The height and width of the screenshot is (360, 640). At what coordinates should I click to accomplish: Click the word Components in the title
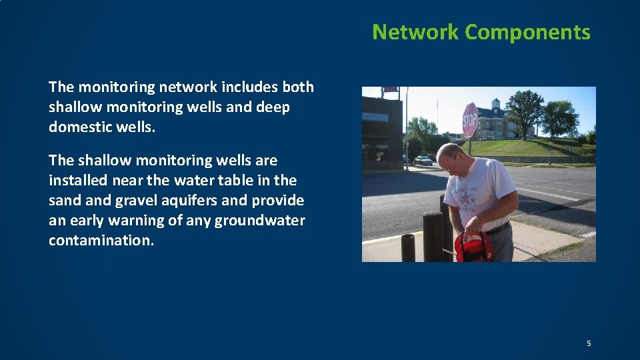[x=527, y=32]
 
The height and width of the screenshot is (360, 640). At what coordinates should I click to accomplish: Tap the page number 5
[x=589, y=343]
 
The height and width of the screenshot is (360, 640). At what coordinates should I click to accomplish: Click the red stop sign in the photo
[x=471, y=121]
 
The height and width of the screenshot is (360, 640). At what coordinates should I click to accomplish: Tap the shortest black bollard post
[x=408, y=247]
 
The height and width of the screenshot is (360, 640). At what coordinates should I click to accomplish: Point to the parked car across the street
[x=423, y=160]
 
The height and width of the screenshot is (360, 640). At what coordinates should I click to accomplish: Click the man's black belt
[x=497, y=228]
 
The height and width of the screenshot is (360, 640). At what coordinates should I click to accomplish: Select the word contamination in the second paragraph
[x=101, y=240]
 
